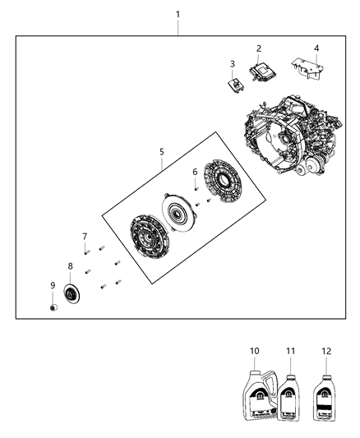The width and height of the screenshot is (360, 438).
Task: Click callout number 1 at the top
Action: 178,15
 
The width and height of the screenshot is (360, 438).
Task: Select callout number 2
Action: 258,48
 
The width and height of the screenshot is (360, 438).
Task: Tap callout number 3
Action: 232,63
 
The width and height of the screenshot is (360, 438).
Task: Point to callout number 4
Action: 316,48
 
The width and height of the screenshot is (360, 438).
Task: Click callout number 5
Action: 162,151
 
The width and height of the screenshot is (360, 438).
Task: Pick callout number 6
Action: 195,172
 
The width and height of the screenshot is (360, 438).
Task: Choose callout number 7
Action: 85,237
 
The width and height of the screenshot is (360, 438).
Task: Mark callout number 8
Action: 70,266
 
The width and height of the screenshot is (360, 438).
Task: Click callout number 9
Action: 53,285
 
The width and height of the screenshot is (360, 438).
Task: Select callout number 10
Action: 254,352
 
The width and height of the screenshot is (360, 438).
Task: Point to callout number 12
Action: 326,352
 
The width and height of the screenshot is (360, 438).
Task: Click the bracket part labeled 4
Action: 308,68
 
